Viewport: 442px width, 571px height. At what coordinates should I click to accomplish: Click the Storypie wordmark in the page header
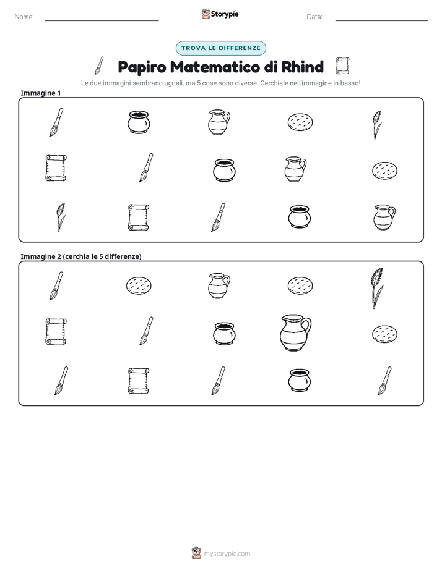pos(225,14)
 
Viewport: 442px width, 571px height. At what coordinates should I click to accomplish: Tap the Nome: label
pos(24,17)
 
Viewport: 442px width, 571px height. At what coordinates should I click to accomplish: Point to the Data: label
pos(314,17)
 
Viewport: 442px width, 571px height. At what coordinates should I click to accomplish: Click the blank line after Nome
pos(102,21)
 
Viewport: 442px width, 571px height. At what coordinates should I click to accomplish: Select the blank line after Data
pos(381,21)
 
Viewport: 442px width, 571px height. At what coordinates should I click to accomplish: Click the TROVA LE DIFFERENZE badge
pos(221,48)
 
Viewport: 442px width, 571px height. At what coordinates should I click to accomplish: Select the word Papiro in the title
pos(142,67)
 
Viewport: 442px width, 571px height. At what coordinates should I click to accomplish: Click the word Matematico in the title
pos(215,67)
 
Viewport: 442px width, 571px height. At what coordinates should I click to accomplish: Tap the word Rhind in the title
pos(303,67)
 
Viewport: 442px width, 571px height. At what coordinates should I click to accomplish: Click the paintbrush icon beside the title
pos(99,66)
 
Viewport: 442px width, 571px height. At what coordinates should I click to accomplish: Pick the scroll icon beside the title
pos(342,66)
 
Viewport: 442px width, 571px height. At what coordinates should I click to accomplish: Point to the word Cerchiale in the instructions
pos(273,83)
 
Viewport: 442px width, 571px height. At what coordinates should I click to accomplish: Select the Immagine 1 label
pos(40,93)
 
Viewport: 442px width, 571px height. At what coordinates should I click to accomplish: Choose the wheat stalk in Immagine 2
pos(377,288)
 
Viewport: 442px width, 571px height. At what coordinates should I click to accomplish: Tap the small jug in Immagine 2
pos(219,285)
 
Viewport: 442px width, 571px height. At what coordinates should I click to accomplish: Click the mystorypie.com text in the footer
pos(227,554)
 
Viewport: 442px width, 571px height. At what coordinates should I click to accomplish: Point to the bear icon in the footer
pos(196,553)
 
